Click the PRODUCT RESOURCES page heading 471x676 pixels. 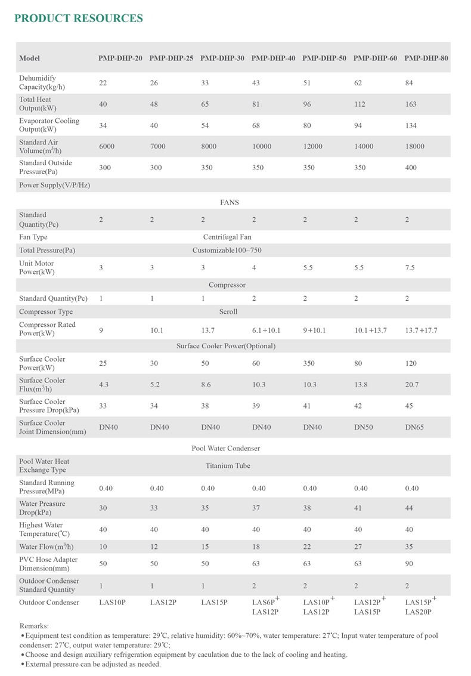pyautogui.click(x=78, y=18)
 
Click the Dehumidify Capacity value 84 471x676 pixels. pyautogui.click(x=409, y=83)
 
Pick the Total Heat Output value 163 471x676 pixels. pyautogui.click(x=411, y=104)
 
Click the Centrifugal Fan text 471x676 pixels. pyautogui.click(x=227, y=237)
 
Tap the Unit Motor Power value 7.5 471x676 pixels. pyautogui.click(x=410, y=268)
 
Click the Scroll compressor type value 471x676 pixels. pyautogui.click(x=228, y=311)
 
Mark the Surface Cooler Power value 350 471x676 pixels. pyautogui.click(x=309, y=363)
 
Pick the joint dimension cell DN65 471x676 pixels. pyautogui.click(x=414, y=428)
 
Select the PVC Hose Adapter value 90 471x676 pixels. pyautogui.click(x=409, y=564)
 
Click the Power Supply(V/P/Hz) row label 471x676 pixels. pyautogui.click(x=54, y=186)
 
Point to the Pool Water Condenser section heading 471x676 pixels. pyautogui.click(x=226, y=448)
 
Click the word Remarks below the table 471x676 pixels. pyautogui.click(x=35, y=626)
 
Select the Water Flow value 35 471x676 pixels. pyautogui.click(x=409, y=547)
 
